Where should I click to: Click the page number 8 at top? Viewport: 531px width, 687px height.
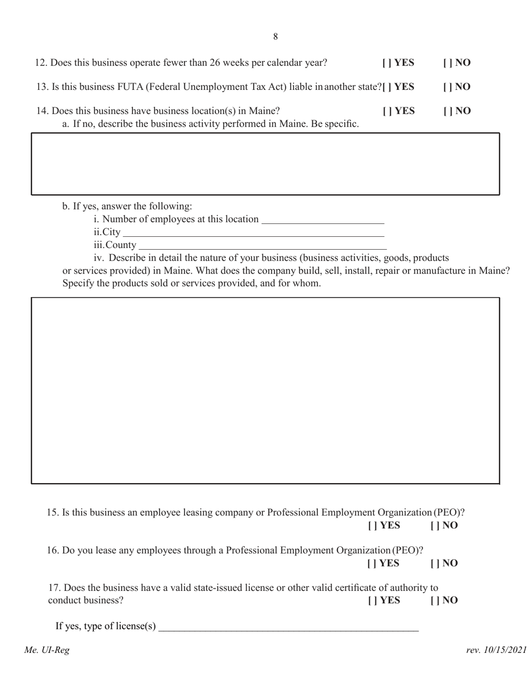click(276, 37)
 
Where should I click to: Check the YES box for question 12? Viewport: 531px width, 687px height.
click(385, 63)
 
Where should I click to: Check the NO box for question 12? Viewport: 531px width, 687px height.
click(446, 63)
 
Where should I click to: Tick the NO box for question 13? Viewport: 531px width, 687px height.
click(446, 87)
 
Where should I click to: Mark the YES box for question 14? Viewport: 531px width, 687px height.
click(385, 111)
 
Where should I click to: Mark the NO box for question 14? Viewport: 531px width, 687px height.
click(446, 111)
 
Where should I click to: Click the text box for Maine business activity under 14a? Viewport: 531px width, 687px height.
click(265, 164)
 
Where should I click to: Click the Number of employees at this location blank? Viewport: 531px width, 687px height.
click(323, 219)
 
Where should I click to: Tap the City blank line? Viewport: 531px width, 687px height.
click(253, 232)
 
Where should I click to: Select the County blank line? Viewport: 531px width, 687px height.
click(262, 245)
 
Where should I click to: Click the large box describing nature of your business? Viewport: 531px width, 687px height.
click(265, 390)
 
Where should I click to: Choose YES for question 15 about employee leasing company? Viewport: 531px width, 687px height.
click(371, 526)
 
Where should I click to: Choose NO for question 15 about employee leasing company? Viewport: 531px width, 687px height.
click(433, 526)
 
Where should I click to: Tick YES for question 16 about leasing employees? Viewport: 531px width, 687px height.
click(371, 564)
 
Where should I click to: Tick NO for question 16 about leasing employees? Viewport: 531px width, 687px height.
click(433, 564)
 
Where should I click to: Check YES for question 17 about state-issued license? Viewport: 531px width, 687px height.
click(371, 601)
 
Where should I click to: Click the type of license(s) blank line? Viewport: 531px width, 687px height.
click(288, 627)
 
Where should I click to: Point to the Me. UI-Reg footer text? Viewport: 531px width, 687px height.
click(47, 650)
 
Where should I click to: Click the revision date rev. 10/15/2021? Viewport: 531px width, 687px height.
click(496, 650)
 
